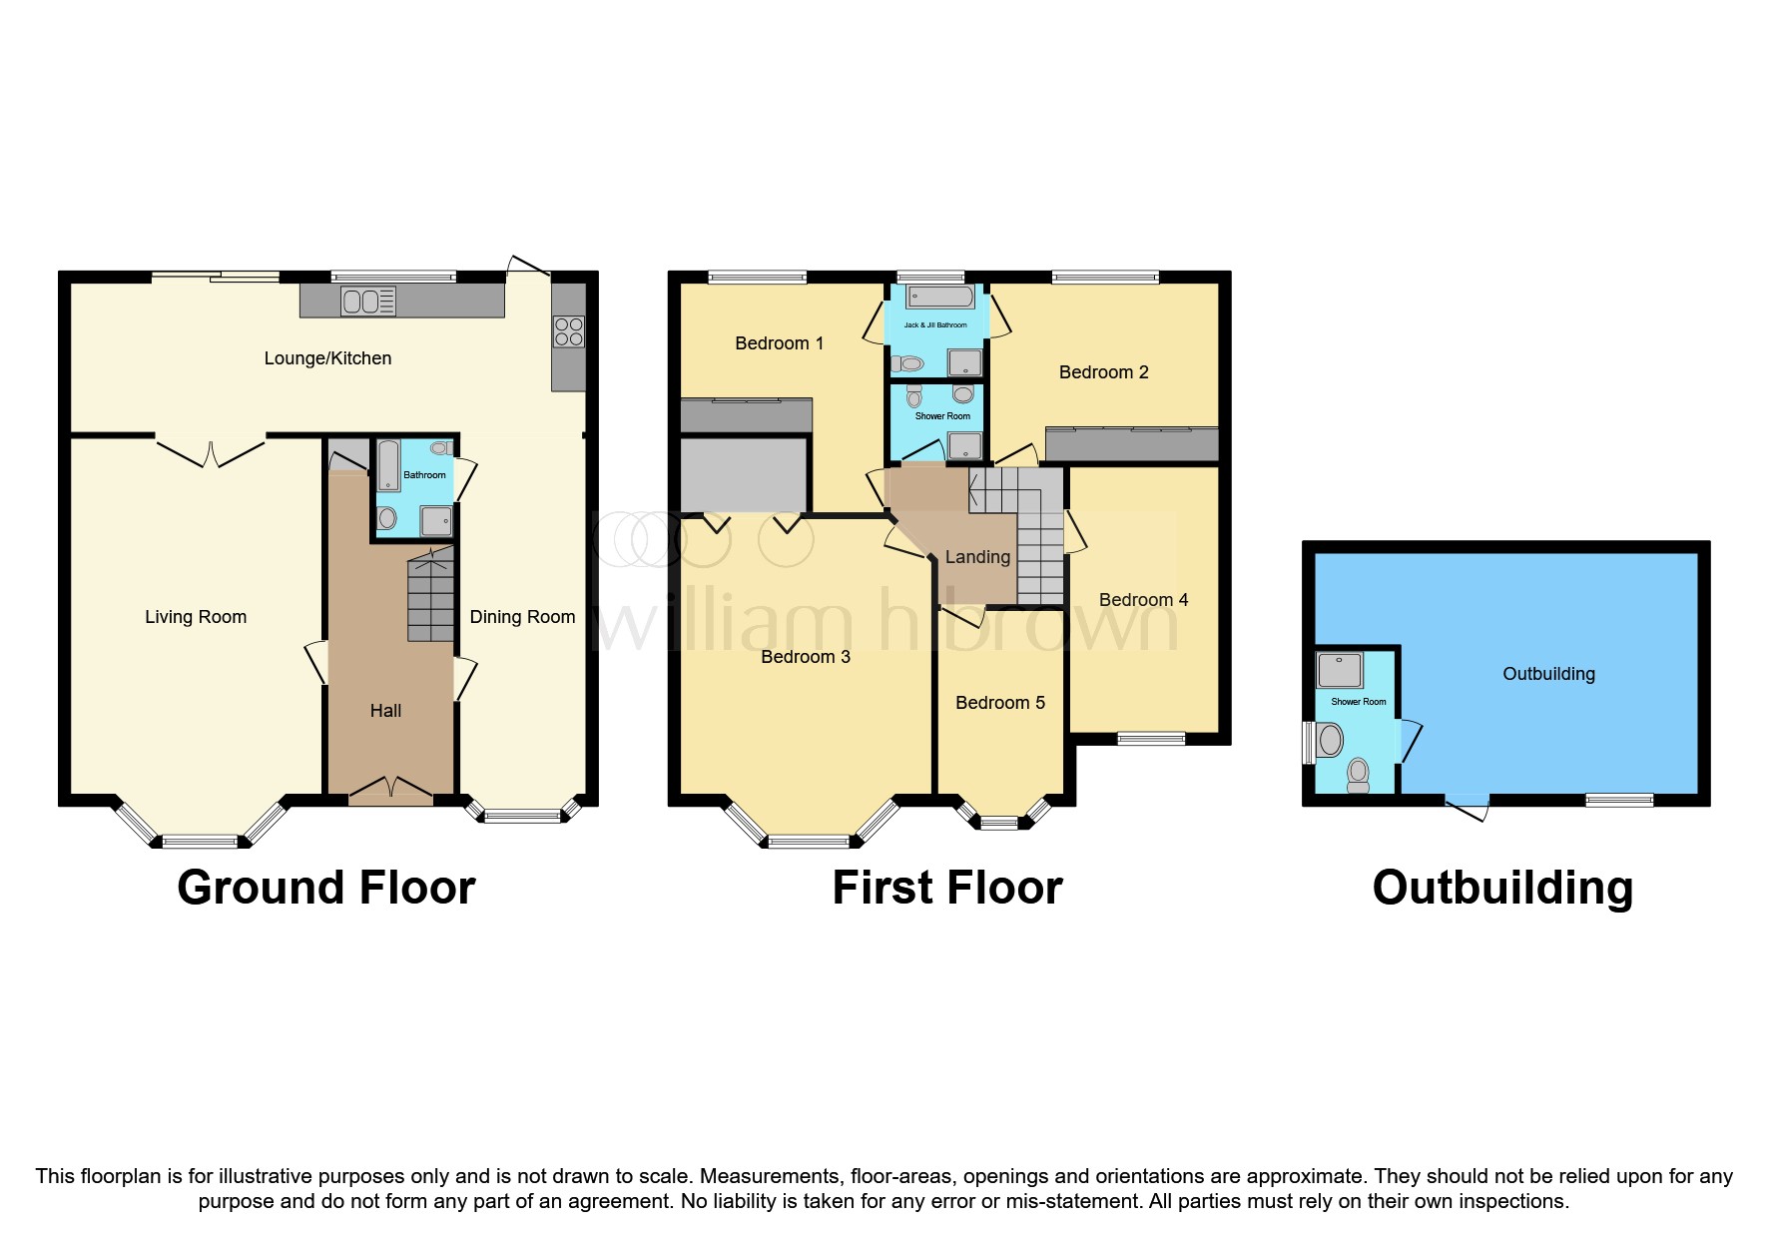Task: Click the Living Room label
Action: coord(196,617)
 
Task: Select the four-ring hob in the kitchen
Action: coord(569,331)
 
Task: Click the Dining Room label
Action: coord(522,617)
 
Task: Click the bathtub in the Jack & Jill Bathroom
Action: coord(940,297)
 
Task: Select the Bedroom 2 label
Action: coord(1103,372)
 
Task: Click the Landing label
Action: coord(977,557)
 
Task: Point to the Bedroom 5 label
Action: coord(1000,703)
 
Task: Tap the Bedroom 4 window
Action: coord(1151,739)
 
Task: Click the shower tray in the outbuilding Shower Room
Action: coord(1340,671)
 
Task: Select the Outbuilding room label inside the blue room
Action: coord(1548,674)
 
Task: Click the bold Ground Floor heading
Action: coord(326,888)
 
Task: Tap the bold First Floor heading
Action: coord(947,888)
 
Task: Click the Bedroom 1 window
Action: coord(757,277)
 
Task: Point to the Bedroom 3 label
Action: coord(806,657)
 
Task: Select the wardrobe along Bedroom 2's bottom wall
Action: coord(1132,444)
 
